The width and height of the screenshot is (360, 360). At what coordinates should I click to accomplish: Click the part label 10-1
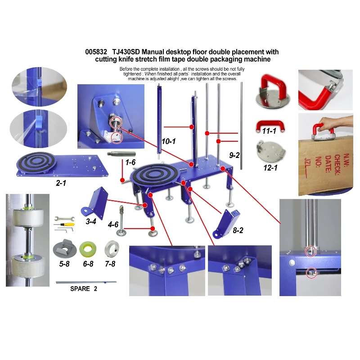[168, 141]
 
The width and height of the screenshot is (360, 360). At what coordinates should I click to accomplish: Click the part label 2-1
[63, 184]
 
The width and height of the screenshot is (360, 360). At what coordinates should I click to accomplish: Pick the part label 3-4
[91, 221]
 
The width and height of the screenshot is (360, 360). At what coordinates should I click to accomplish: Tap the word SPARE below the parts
[81, 288]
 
